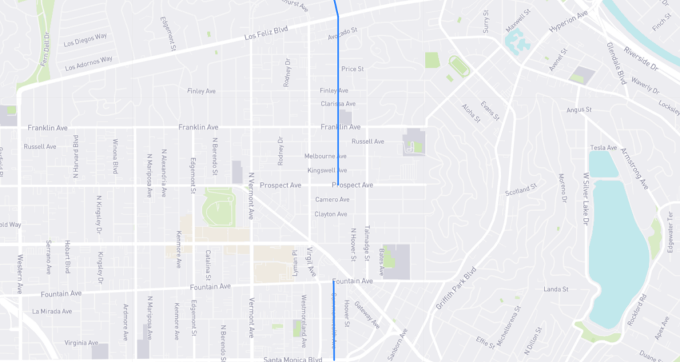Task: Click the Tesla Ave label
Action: pos(604,147)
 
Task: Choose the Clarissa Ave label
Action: pos(338,104)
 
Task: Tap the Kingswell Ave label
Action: pos(327,171)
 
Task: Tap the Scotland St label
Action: pos(521,191)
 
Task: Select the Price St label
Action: pos(352,68)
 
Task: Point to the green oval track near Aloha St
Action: pos(458,65)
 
